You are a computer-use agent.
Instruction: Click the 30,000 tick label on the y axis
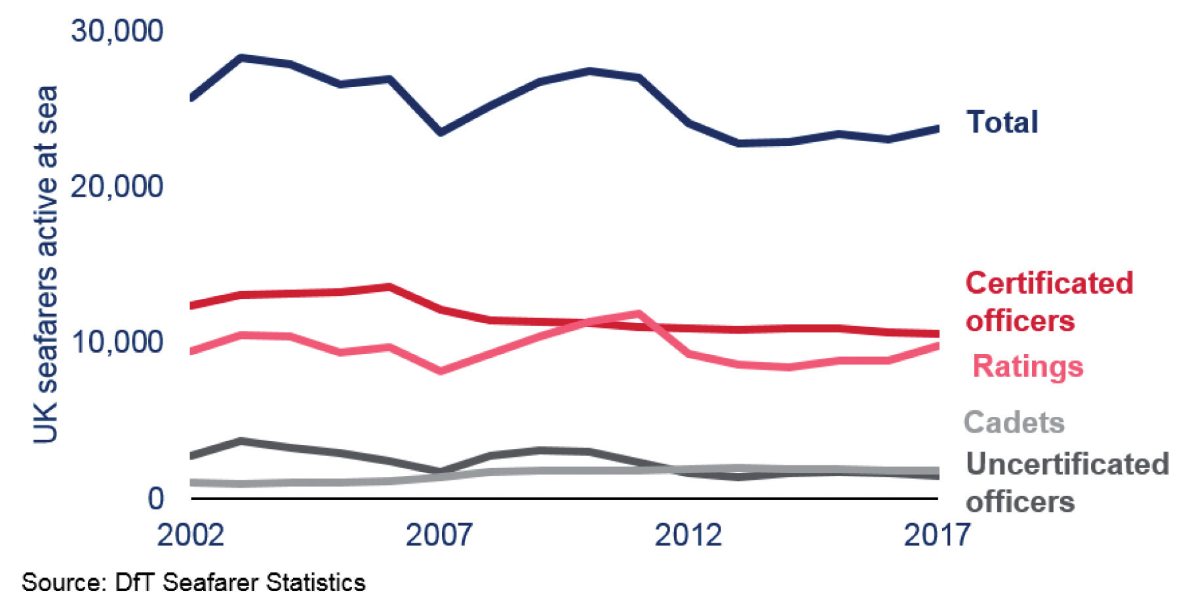click(117, 31)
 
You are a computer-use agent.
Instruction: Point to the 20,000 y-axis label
click(117, 187)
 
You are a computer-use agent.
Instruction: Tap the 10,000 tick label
click(117, 342)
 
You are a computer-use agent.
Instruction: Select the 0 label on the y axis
click(155, 498)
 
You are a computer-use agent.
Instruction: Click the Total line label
click(1002, 123)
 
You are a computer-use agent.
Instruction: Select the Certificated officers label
click(1049, 302)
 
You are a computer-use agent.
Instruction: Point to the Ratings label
click(1027, 366)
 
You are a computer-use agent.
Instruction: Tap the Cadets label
click(1014, 423)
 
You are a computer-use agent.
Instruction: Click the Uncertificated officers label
click(1067, 483)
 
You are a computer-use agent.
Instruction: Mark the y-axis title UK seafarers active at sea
click(46, 264)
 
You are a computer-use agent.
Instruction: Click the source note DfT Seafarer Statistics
click(193, 582)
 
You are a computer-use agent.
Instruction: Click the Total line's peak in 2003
click(241, 58)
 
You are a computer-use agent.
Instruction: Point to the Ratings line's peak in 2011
click(638, 314)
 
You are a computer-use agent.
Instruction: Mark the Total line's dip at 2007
click(441, 132)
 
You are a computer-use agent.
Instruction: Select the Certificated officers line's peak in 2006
click(389, 287)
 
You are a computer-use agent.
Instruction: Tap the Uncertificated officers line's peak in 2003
click(241, 441)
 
